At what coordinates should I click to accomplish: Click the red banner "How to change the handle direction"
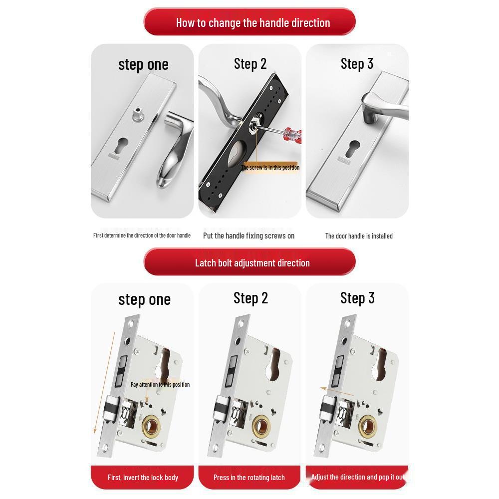249,22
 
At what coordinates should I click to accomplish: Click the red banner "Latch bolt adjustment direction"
249,262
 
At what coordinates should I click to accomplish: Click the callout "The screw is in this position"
270,168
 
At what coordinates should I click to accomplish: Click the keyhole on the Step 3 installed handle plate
355,148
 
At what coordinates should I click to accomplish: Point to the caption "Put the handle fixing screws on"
249,236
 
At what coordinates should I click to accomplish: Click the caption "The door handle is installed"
358,236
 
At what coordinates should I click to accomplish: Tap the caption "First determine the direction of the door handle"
142,235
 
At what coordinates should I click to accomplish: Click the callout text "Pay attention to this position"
160,384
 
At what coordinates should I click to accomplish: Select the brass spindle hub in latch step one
153,426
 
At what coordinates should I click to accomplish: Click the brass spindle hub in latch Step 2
260,426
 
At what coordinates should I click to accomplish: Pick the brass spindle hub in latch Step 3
368,426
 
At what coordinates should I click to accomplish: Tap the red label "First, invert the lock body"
143,477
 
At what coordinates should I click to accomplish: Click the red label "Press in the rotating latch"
249,477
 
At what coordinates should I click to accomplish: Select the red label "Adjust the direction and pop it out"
357,477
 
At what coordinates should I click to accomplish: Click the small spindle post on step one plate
136,114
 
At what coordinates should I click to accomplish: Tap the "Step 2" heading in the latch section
250,298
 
